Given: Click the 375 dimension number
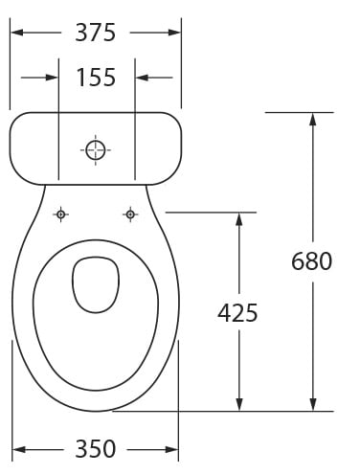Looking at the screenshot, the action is point(95,33).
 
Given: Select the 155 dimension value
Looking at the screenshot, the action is point(96,78).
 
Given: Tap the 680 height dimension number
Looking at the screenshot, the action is point(311,261).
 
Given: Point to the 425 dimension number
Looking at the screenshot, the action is point(237,312).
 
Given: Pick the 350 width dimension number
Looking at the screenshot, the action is point(95,449).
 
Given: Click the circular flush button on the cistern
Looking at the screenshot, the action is point(96,149).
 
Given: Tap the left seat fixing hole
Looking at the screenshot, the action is point(60,214).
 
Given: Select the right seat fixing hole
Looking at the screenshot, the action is point(130,214).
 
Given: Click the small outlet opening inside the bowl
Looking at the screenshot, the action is point(96,285).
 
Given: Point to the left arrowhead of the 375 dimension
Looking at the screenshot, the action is point(17,33).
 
